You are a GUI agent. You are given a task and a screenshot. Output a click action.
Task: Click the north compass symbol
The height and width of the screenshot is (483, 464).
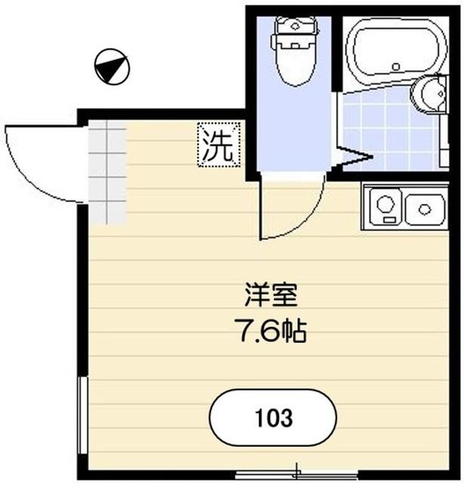click(112, 66)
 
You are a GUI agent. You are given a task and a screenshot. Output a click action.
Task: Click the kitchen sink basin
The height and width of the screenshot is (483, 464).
click(424, 208)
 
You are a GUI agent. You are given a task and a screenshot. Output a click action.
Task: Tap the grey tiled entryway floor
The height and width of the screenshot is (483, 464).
click(106, 174)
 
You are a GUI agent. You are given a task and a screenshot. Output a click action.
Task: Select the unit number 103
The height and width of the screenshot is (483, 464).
click(273, 417)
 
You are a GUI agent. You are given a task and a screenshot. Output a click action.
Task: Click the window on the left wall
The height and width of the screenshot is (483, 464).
click(82, 415)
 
